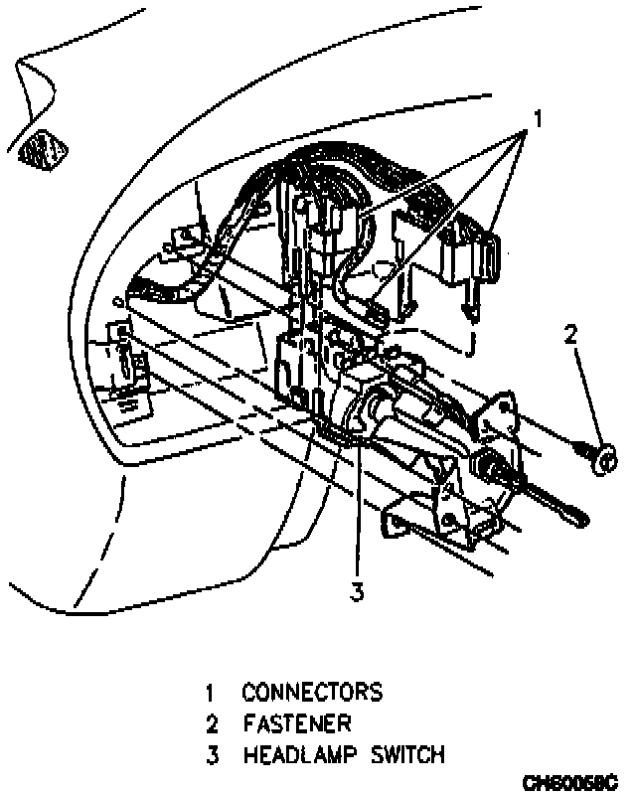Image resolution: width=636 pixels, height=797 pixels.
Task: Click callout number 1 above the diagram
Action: pyautogui.click(x=537, y=119)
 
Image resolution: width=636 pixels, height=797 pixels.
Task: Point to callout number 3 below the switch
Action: pyautogui.click(x=357, y=592)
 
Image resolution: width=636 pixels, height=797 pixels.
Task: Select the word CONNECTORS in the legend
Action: pyautogui.click(x=311, y=692)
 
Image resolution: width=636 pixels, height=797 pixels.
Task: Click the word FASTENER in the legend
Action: pyautogui.click(x=297, y=723)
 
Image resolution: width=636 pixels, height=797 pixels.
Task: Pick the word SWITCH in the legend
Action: pyautogui.click(x=407, y=754)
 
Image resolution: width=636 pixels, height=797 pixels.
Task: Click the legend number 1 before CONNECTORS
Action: pyautogui.click(x=211, y=692)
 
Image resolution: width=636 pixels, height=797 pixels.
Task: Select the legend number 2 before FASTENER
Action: pyautogui.click(x=211, y=723)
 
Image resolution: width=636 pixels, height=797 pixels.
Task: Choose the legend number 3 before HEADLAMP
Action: pyautogui.click(x=211, y=754)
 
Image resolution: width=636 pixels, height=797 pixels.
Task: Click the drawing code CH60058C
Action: pyautogui.click(x=569, y=782)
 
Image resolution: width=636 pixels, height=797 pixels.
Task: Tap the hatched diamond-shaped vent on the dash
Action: pyautogui.click(x=43, y=149)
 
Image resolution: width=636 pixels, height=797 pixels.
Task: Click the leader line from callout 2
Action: pyautogui.click(x=584, y=398)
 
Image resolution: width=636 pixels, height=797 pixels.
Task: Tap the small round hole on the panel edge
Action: pyautogui.click(x=118, y=298)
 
